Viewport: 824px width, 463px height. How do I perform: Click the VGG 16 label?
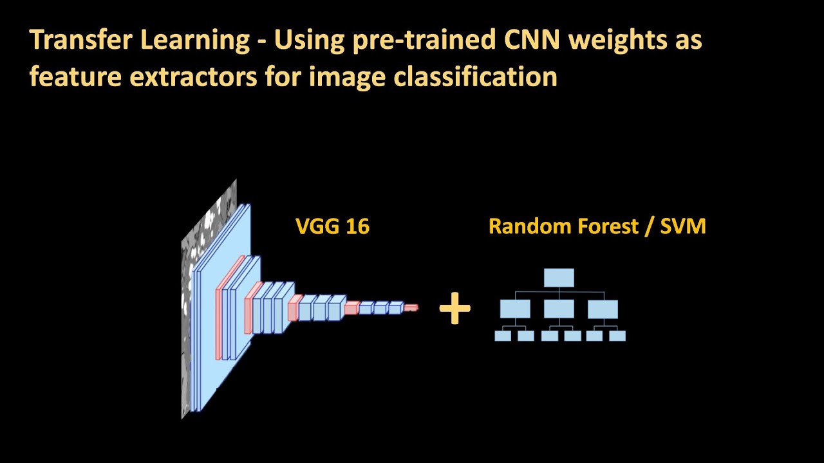click(332, 226)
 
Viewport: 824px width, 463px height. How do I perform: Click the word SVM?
click(683, 226)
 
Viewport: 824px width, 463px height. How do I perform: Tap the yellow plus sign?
click(454, 309)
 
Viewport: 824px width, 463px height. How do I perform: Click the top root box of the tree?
click(559, 278)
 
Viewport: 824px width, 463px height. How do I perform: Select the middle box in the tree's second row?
click(559, 309)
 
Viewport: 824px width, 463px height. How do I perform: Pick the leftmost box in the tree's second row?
click(515, 309)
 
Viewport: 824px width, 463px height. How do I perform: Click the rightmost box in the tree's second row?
click(603, 309)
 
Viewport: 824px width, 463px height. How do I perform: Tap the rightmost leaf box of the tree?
click(617, 336)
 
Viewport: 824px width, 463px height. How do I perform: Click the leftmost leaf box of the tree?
click(503, 336)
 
